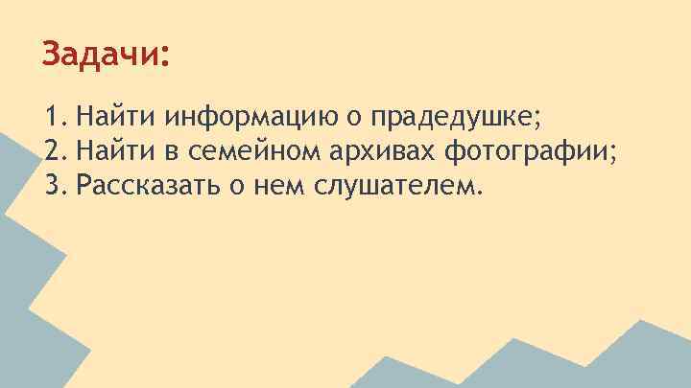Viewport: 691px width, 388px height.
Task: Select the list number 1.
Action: (52, 118)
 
